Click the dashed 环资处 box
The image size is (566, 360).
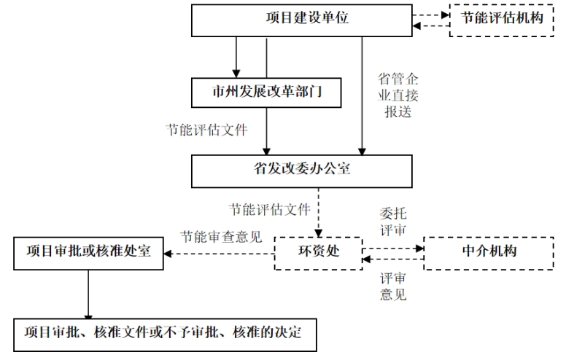click(x=318, y=253)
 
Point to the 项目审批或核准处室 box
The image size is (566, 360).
click(x=88, y=252)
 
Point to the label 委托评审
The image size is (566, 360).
click(x=393, y=222)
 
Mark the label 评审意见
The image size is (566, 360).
click(x=393, y=286)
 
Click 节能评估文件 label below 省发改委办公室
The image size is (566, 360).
click(x=269, y=209)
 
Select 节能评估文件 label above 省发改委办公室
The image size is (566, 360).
click(x=207, y=131)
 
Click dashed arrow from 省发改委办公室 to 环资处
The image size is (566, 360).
click(x=318, y=216)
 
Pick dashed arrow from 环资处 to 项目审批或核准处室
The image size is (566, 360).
click(x=219, y=254)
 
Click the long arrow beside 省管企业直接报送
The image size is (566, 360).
click(x=363, y=95)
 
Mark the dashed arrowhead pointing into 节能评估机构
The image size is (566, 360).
click(x=443, y=14)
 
